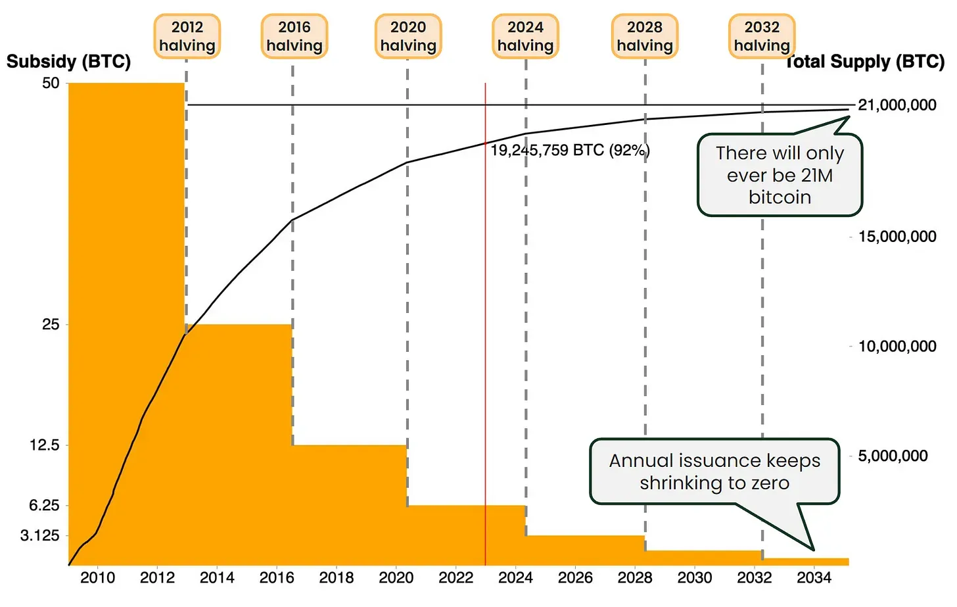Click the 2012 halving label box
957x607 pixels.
[187, 36]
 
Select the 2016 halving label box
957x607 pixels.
[294, 36]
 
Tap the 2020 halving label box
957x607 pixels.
[408, 36]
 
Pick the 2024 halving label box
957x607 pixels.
[526, 36]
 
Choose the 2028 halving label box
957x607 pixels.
[645, 36]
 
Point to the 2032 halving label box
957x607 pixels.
[762, 36]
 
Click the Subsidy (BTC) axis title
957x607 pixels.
[68, 62]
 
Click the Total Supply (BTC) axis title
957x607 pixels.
[866, 62]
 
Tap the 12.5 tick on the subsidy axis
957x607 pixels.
[44, 445]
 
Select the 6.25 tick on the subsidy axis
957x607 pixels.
[44, 505]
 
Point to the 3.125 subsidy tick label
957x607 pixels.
[39, 535]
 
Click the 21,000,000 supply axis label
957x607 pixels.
[897, 105]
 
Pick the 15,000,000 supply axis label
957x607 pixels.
[897, 237]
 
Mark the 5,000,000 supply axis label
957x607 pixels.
[893, 456]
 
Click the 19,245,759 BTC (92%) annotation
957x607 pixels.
[570, 151]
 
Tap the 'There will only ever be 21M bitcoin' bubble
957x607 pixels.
[780, 175]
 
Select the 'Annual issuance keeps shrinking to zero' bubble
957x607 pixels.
[714, 472]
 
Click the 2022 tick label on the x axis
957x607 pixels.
[455, 578]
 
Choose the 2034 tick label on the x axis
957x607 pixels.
[814, 578]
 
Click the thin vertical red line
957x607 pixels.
[485, 329]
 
